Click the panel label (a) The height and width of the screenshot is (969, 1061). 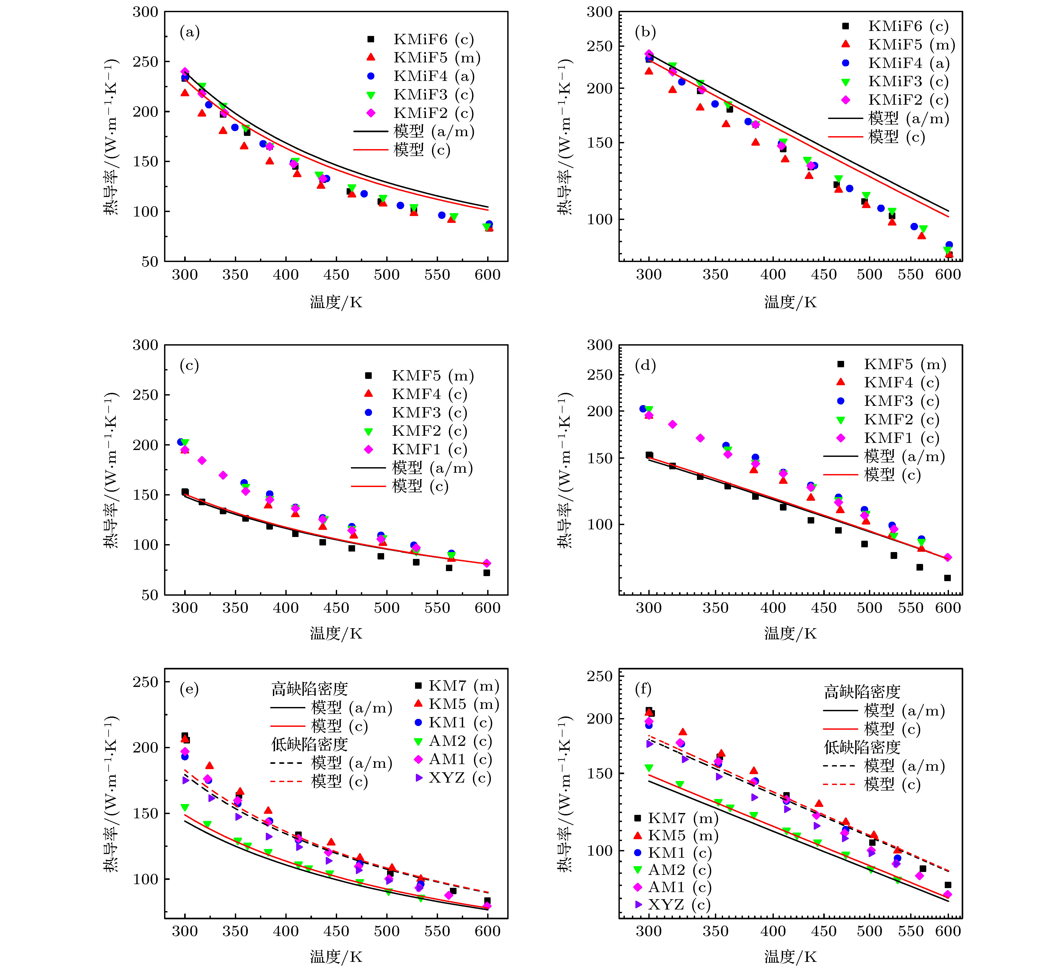pos(189,33)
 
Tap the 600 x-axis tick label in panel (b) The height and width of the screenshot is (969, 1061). pos(948,274)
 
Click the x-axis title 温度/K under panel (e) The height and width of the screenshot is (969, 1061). pos(336,956)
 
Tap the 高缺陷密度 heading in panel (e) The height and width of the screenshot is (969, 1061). pos(309,689)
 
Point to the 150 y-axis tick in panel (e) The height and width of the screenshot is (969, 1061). pos(145,814)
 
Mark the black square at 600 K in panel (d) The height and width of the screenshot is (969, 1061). pos(947,578)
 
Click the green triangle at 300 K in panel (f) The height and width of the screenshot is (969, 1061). pos(649,768)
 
